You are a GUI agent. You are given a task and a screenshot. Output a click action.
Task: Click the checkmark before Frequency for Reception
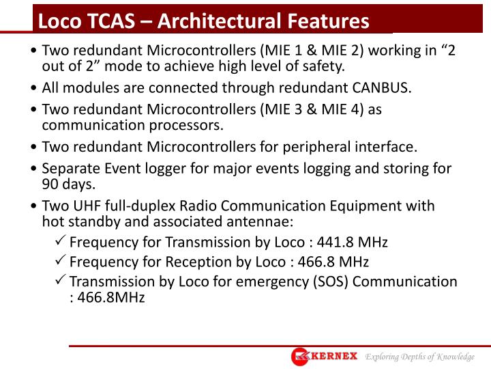[x=59, y=262]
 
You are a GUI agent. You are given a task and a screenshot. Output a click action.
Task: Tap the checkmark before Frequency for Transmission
[x=59, y=242]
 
